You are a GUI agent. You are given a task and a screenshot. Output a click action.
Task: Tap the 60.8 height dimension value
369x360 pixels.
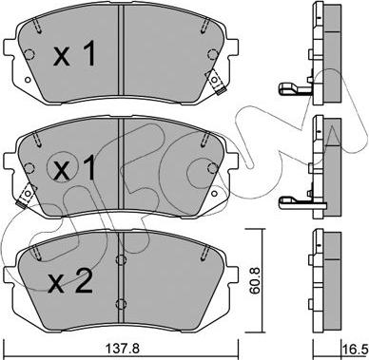pyautogui.click(x=256, y=280)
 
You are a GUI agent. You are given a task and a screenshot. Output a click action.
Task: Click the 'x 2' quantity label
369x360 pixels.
pyautogui.click(x=70, y=280)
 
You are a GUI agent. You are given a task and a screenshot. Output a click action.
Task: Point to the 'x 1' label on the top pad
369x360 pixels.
pyautogui.click(x=74, y=55)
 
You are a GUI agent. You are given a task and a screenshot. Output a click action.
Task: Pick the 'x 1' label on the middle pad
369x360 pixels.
pyautogui.click(x=74, y=168)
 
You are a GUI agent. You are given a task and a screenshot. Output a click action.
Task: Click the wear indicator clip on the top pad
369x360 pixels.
pyautogui.click(x=216, y=82)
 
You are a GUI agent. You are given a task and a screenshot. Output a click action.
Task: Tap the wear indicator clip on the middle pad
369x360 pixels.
pyautogui.click(x=27, y=196)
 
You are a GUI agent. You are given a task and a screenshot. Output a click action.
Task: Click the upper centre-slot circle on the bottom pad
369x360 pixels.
pyautogui.click(x=121, y=259)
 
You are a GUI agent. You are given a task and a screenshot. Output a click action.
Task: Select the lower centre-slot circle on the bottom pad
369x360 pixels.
pyautogui.click(x=121, y=304)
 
